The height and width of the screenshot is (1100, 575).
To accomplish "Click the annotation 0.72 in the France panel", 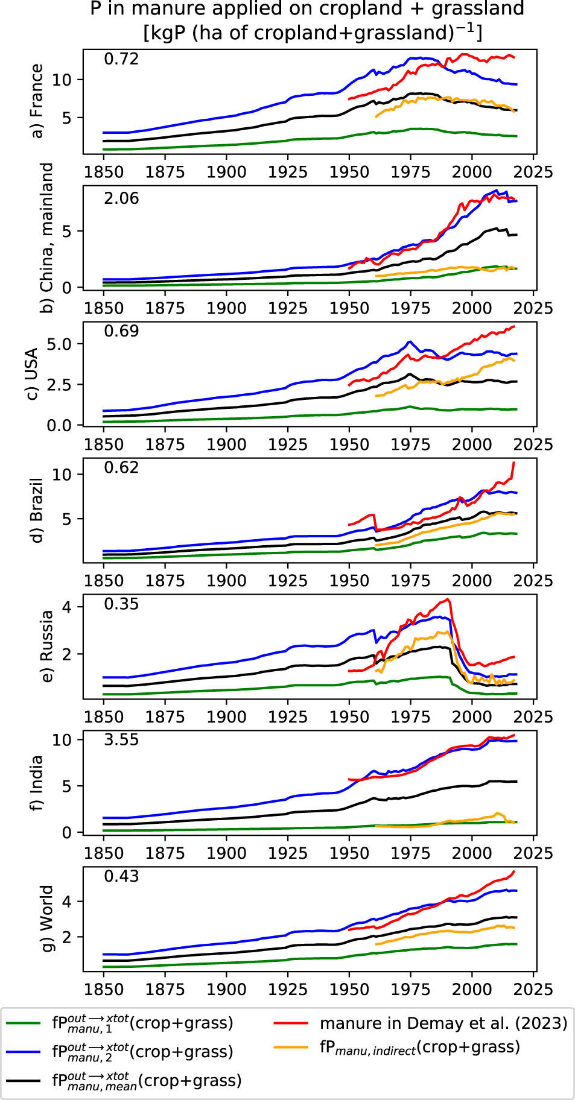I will (121, 59).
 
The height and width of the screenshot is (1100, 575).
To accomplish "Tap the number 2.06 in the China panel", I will (121, 198).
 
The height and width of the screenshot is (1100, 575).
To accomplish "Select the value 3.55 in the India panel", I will (121, 740).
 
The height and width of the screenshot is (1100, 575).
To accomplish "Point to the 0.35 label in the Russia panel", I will (121, 604).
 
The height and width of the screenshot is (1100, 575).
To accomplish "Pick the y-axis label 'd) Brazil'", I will (37, 510).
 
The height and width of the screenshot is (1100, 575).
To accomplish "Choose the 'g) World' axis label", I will (46, 918).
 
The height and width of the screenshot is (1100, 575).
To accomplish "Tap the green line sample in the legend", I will (24, 1023).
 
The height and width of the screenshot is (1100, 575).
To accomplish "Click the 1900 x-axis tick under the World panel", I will (226, 990).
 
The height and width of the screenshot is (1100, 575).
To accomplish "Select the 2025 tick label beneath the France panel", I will (533, 172).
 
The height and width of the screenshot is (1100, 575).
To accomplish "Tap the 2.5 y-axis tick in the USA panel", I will (60, 385).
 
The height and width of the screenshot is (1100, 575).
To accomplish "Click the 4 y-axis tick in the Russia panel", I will (66, 607).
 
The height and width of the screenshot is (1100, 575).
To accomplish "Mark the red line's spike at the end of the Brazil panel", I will (513, 463).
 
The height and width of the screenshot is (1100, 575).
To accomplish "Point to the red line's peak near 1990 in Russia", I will (448, 599).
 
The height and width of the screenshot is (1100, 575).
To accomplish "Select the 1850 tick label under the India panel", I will (104, 853).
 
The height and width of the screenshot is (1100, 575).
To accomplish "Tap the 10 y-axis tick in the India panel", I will (62, 740).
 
